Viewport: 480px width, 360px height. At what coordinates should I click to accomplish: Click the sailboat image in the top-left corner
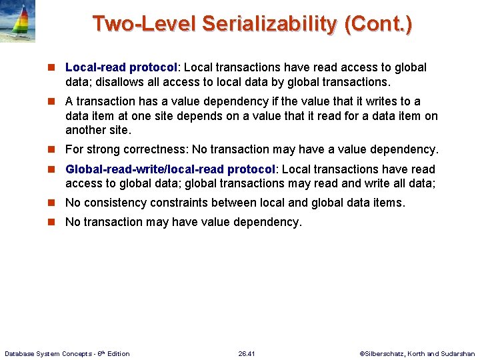[18, 22]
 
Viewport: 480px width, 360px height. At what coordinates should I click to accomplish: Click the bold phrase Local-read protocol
[121, 67]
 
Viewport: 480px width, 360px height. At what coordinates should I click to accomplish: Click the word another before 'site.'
[88, 130]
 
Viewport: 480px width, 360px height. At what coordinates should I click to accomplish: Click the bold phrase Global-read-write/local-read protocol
[170, 169]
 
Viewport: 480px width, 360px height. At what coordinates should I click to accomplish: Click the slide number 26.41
[247, 353]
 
